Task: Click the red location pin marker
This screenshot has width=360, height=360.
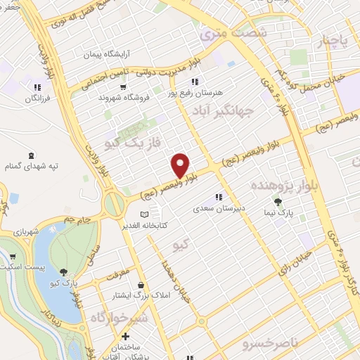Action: pos(181,166)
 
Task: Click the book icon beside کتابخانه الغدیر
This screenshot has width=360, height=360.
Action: pos(145,214)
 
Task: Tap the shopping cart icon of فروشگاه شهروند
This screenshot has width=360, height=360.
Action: pos(124,87)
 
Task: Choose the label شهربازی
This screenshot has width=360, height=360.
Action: pos(15,230)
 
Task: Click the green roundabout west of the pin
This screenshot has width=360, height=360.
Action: pos(112,205)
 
